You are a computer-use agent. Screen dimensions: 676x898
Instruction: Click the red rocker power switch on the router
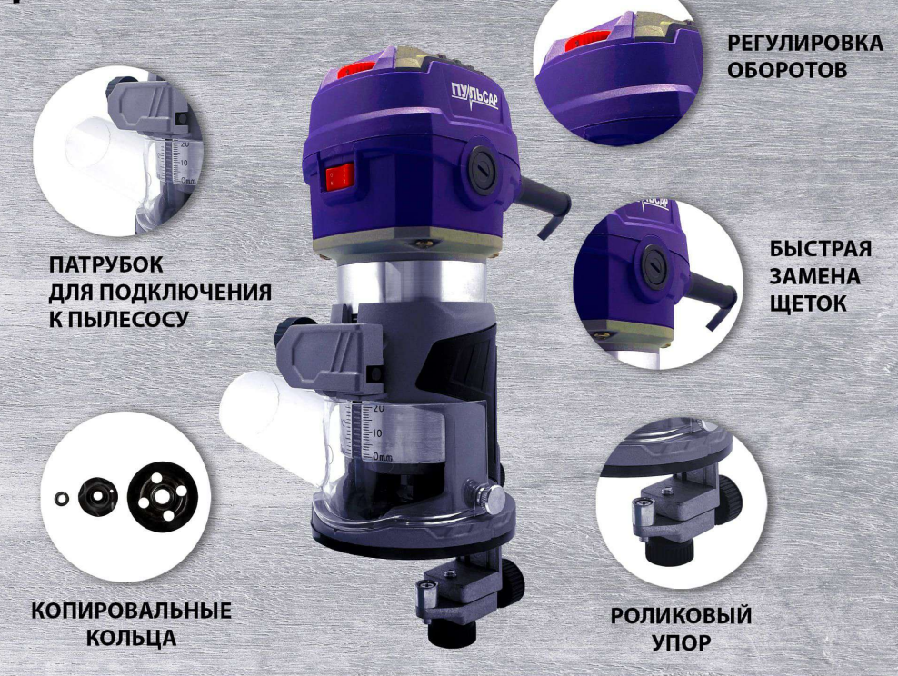340,175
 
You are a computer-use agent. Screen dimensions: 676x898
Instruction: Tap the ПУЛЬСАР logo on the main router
474,94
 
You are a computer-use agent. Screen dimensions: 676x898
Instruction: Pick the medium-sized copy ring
96,495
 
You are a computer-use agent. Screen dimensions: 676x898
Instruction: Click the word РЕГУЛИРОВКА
804,45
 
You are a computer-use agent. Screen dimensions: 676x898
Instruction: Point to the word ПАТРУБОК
106,267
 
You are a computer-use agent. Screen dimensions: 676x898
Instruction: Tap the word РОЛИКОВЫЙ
681,616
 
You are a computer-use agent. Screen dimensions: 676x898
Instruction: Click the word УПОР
681,642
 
